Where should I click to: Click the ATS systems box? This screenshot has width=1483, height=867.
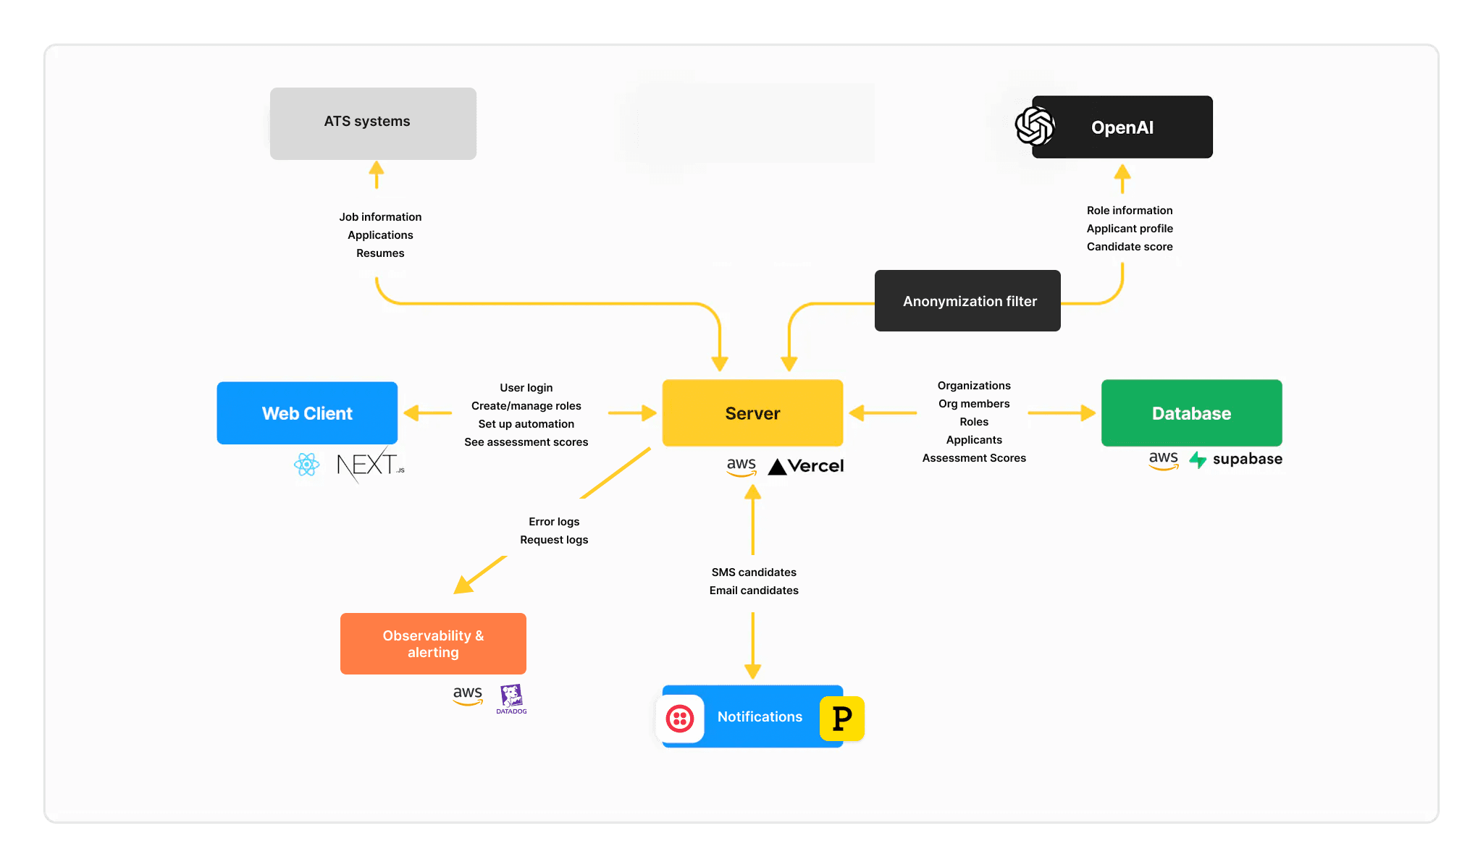[x=373, y=123]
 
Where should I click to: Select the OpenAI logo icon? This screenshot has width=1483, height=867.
[x=1034, y=126]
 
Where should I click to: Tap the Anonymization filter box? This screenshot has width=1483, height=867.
[x=967, y=301]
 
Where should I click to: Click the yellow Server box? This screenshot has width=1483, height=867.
[x=752, y=413]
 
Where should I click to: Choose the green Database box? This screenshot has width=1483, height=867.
[x=1191, y=413]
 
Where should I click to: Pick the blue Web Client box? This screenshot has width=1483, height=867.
[x=307, y=413]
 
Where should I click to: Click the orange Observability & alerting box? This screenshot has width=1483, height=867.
[x=433, y=643]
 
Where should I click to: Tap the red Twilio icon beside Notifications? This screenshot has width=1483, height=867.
[x=680, y=719]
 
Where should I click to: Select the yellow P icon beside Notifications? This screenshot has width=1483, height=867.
[x=841, y=719]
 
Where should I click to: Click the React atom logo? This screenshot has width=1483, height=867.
[x=307, y=465]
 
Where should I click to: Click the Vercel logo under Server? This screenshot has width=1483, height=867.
[x=806, y=466]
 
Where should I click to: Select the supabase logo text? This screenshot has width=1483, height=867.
[x=1246, y=459]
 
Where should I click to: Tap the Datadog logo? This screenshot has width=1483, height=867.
[x=511, y=698]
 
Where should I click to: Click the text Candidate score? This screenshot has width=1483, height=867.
[x=1129, y=247]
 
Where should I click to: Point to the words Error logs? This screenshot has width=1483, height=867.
[x=554, y=522]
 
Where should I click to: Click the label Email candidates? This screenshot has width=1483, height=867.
[x=754, y=591]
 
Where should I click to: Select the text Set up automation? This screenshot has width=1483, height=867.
[x=526, y=424]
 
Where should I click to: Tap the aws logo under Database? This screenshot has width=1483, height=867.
[x=1163, y=459]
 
